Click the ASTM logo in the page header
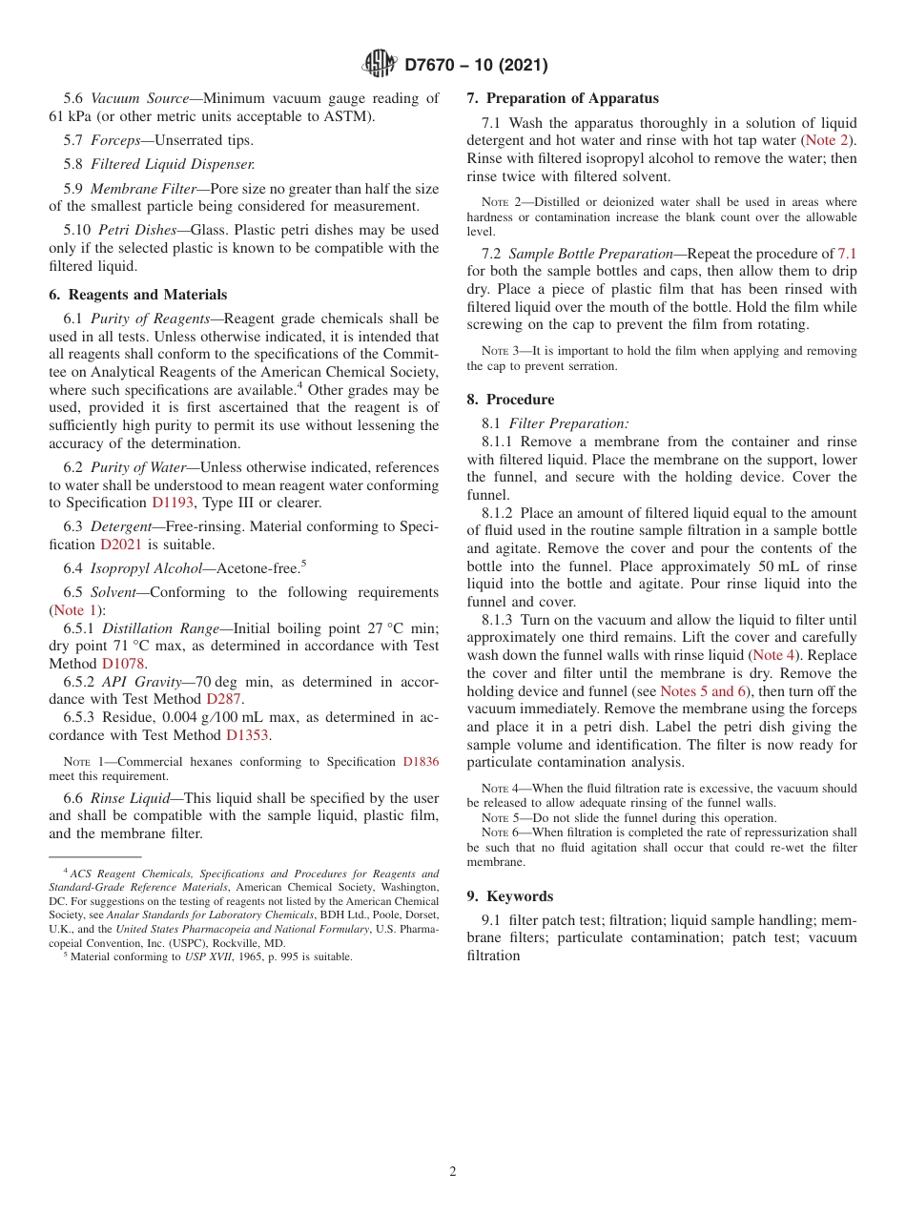coord(379,64)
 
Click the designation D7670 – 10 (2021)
coord(476,65)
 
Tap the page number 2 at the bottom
coord(453,1172)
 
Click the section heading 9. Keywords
coord(510,895)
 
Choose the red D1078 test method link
coord(123,663)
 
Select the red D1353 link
coord(247,735)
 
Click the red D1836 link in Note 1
coord(421,762)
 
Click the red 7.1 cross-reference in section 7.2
coord(846,254)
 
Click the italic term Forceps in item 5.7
coord(119,140)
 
